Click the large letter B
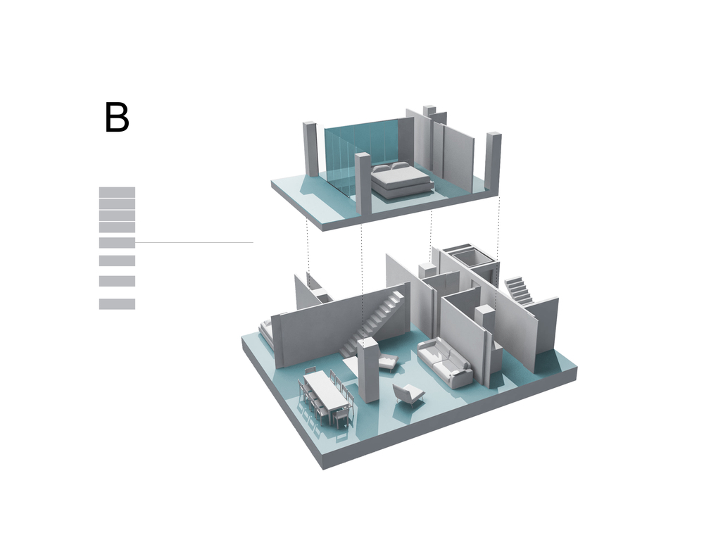coord(117,117)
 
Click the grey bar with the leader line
coord(117,242)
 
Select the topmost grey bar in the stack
coord(117,192)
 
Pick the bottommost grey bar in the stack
coord(117,304)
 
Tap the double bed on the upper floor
coord(401,180)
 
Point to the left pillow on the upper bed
coord(382,169)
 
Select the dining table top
coord(327,389)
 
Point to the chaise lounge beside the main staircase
coord(387,362)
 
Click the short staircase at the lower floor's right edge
coord(520,291)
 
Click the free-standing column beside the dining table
coord(369,370)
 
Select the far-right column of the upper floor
coord(494,163)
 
